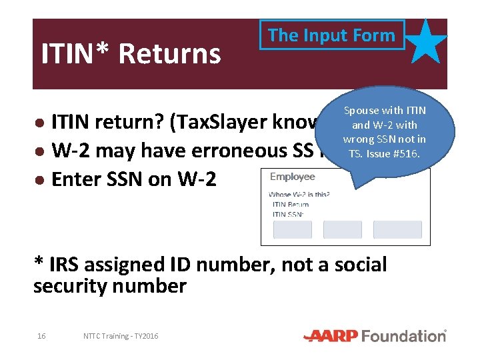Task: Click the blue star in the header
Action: [x=427, y=42]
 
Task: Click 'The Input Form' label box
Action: [x=331, y=35]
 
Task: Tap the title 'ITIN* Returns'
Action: [x=131, y=54]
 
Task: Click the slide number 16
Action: [x=41, y=336]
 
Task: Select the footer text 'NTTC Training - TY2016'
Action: [x=121, y=336]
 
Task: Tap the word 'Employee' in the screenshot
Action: [x=293, y=177]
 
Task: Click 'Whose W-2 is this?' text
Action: [x=299, y=195]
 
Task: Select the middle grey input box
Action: [x=342, y=229]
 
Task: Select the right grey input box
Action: [x=397, y=229]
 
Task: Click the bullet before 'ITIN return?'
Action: [x=41, y=124]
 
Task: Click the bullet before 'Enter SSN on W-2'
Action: [x=41, y=180]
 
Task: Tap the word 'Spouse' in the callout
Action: [x=361, y=111]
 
